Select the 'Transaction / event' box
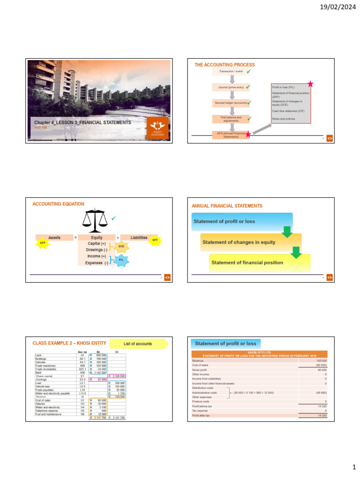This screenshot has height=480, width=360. coord(228,71)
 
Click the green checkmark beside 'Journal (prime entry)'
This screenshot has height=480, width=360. coord(247,87)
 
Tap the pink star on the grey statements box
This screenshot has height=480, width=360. coord(310,84)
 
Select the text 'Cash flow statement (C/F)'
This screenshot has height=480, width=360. coord(287,111)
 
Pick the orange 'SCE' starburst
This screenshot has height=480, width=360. coord(121,246)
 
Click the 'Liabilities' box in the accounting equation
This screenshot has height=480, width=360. coord(139,238)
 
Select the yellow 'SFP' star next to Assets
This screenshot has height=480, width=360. coord(43,242)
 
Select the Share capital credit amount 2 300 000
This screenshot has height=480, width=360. coord(117,376)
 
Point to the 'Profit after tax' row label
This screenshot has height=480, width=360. coord(202,415)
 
